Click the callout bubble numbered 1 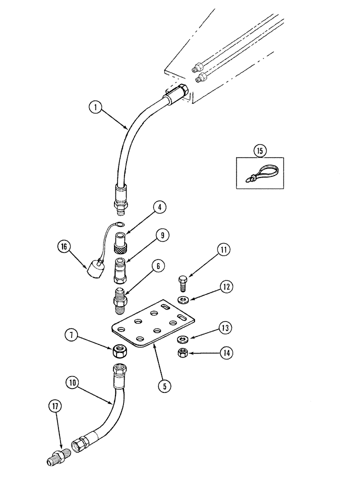click(x=93, y=106)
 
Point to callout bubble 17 click(x=54, y=406)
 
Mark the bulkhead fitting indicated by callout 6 click(x=120, y=299)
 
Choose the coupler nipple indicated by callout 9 click(x=120, y=270)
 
